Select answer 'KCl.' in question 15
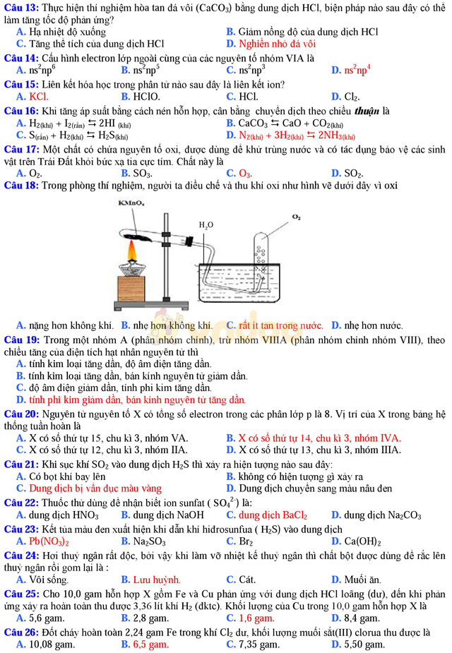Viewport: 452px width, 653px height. tap(38, 97)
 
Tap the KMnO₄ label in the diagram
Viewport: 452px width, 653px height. tap(131, 203)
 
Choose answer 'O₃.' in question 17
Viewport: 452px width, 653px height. tap(245, 173)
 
